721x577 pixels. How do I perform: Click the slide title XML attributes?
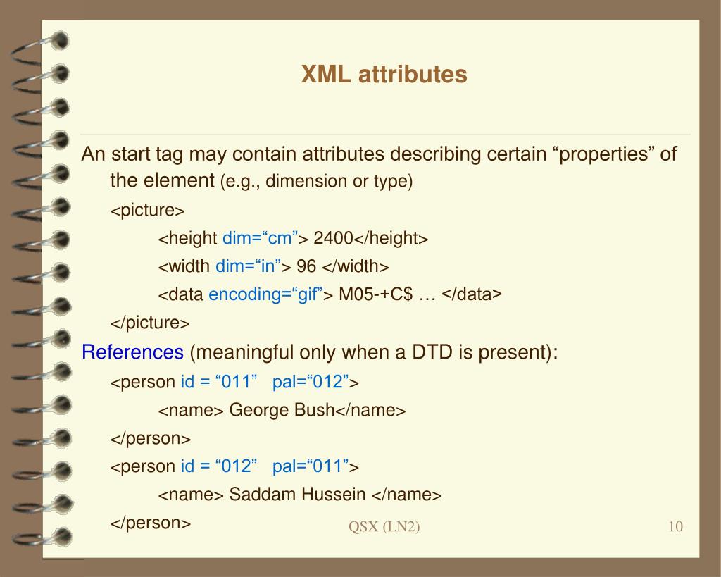[x=384, y=74]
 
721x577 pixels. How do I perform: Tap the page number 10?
[x=675, y=527]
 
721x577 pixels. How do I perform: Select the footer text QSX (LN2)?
[x=384, y=527]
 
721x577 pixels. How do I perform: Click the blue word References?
[x=132, y=352]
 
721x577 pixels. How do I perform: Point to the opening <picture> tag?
[x=147, y=211]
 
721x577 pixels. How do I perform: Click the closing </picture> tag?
[x=150, y=323]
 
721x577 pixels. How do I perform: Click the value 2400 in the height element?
[x=333, y=239]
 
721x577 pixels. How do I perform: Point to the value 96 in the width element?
[x=306, y=267]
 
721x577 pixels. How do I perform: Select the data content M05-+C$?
[x=375, y=295]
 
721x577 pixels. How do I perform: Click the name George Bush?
[x=282, y=410]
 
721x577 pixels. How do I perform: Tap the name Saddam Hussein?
[x=298, y=495]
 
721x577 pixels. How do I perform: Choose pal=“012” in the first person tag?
[x=311, y=382]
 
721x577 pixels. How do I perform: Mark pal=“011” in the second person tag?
[x=311, y=466]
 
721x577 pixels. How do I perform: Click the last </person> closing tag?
[x=151, y=523]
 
